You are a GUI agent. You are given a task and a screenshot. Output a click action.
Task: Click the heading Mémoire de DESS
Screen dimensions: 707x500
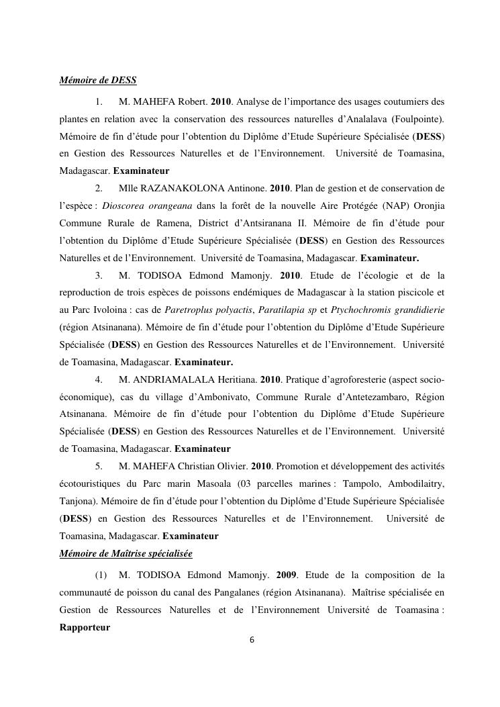pos(98,81)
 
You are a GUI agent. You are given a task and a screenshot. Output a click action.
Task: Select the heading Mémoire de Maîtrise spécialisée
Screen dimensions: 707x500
pos(126,554)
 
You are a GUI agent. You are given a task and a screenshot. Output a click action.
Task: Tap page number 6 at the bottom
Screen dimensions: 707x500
pos(252,640)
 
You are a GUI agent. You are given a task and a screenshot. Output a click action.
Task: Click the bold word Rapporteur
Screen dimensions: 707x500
pos(85,628)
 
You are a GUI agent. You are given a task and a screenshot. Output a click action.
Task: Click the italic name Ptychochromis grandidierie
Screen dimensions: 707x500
pos(392,310)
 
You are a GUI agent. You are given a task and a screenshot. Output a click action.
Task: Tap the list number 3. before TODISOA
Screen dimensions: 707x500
pos(99,275)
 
